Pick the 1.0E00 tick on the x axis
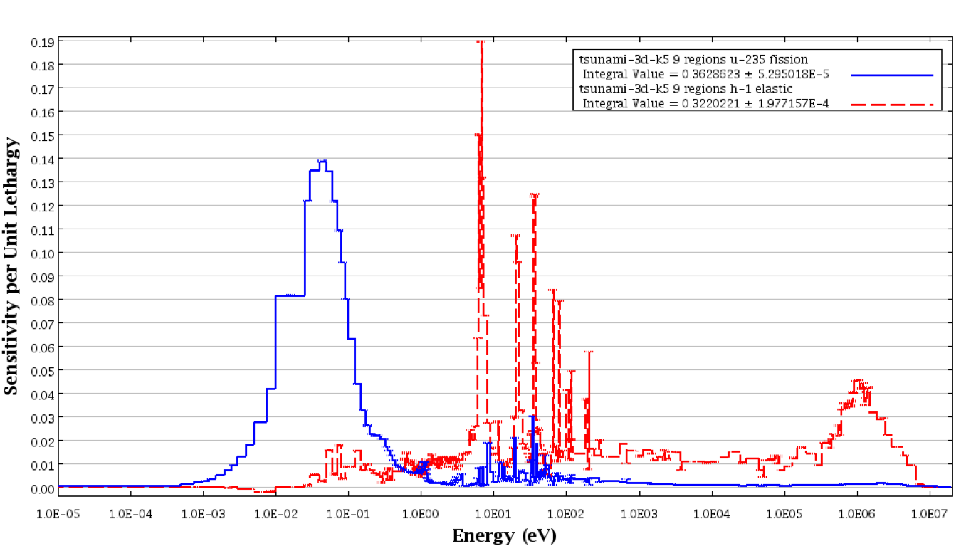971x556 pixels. click(421, 512)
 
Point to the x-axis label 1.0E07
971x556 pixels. click(930, 512)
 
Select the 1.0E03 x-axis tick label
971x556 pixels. click(639, 512)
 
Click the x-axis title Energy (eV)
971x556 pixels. click(504, 535)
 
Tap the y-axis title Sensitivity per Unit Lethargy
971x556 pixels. click(11, 264)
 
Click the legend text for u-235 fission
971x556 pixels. click(693, 60)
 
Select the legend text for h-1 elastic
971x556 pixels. click(686, 89)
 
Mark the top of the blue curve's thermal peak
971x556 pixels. click(322, 162)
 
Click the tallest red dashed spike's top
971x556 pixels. click(482, 42)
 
